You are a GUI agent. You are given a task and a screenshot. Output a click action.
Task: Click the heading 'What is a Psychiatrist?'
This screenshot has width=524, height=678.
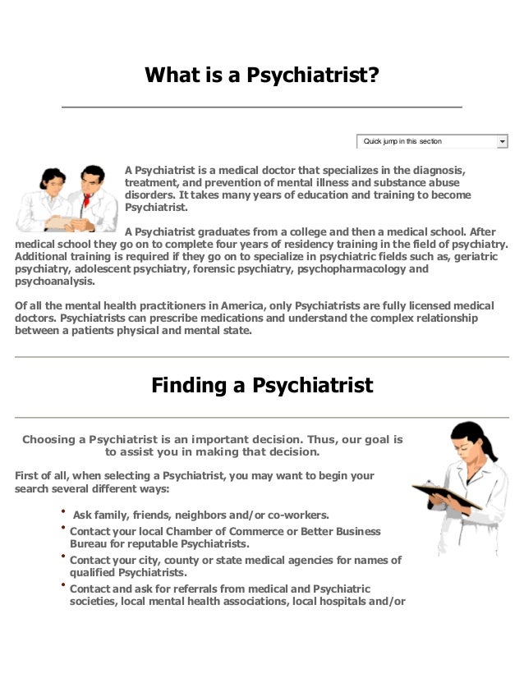(x=262, y=76)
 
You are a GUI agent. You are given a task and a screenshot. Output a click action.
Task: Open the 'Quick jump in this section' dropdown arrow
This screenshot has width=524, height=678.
(x=503, y=142)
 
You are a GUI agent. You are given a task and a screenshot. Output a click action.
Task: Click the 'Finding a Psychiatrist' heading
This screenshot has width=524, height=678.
(x=262, y=385)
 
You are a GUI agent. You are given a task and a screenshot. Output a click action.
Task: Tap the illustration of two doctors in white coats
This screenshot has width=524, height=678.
(x=67, y=199)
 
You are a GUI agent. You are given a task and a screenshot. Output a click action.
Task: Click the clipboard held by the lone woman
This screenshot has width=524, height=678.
(x=445, y=495)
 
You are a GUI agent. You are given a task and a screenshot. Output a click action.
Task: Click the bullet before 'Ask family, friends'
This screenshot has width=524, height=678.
(x=62, y=512)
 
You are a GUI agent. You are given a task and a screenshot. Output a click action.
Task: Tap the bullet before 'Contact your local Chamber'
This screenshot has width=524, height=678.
(x=62, y=529)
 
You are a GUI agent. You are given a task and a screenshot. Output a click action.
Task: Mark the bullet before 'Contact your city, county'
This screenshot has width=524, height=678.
(x=62, y=557)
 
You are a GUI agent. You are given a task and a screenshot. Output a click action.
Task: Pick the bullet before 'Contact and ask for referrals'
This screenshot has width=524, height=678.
(x=62, y=586)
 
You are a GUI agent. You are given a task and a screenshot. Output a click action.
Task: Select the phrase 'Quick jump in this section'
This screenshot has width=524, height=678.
(x=402, y=142)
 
